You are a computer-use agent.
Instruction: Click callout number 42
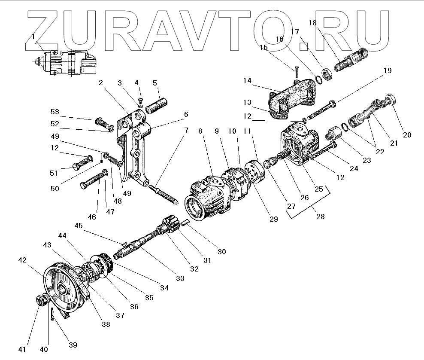(x=22, y=260)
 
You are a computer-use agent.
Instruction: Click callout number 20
(x=407, y=135)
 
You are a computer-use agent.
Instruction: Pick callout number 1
(x=33, y=37)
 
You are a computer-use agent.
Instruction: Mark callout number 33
(x=180, y=278)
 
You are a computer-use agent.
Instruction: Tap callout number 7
(x=185, y=129)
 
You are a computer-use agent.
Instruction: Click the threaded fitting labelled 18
(x=350, y=60)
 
